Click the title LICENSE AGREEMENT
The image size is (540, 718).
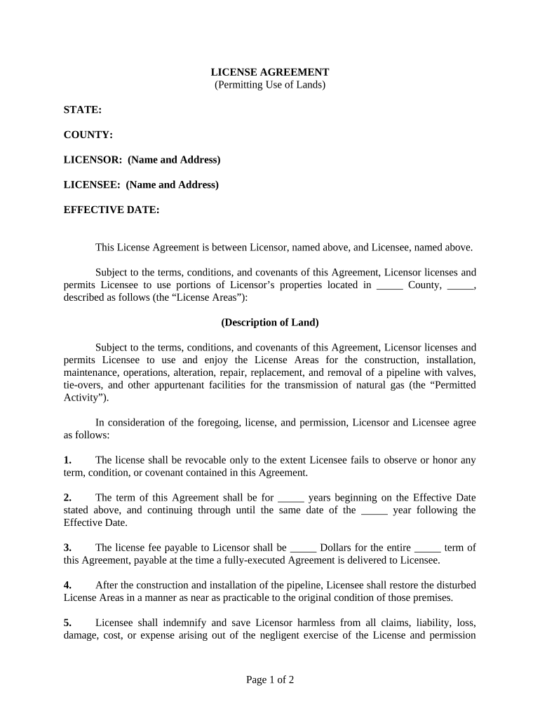coord(270,72)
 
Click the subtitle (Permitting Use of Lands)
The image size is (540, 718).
coord(270,85)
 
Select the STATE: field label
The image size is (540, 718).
coord(83,110)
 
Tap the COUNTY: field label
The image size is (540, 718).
coord(88,135)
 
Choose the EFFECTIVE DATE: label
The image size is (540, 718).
coord(112,210)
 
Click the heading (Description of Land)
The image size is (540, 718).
coord(270,323)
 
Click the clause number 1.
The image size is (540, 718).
coord(67,460)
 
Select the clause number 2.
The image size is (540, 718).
coord(67,498)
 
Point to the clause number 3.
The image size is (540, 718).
coord(67,548)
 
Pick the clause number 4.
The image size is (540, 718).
coord(67,585)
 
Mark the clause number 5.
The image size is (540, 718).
coord(67,623)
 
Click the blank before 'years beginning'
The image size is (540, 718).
coord(291,499)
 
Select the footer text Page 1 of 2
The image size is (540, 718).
coord(270,679)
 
